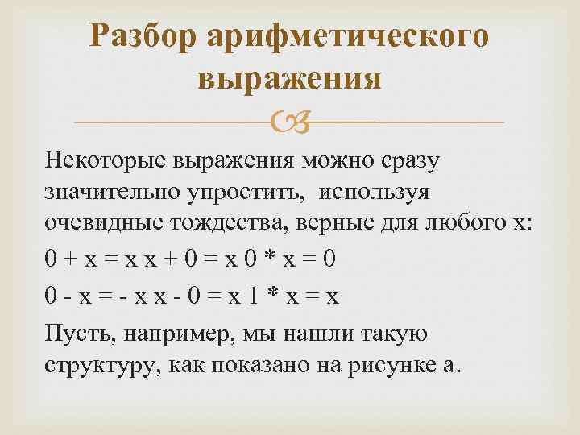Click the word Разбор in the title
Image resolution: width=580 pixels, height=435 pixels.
coord(144,36)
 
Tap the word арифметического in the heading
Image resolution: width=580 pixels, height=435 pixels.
coord(348,36)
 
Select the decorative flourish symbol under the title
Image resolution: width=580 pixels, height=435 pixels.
coord(290,122)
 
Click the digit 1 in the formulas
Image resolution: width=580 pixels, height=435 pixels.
coord(252,296)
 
